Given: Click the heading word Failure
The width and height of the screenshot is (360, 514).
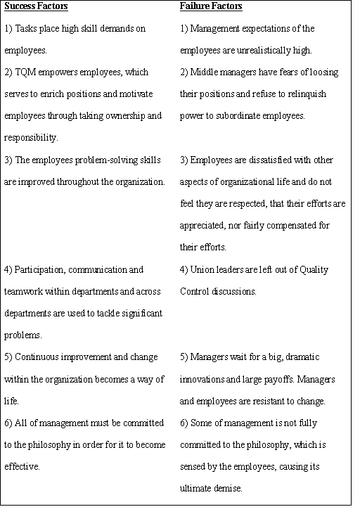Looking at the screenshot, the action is click(x=195, y=6).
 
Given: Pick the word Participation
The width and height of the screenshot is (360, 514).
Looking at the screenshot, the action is click(x=39, y=270).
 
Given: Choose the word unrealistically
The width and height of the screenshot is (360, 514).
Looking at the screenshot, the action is click(x=254, y=51).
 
